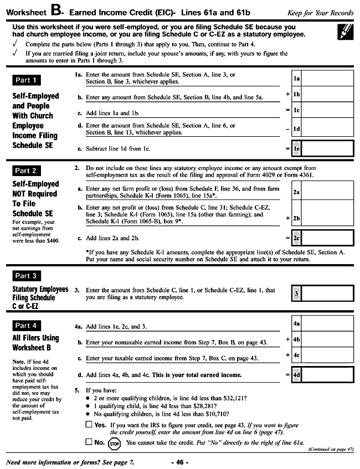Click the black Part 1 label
pyautogui.click(x=26, y=80)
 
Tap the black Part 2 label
pyautogui.click(x=26, y=171)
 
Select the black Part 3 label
pyautogui.click(x=26, y=275)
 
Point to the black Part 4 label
pyautogui.click(x=26, y=326)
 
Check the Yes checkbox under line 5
pyautogui.click(x=89, y=425)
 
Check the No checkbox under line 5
pyautogui.click(x=89, y=442)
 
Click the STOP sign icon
pyautogui.click(x=115, y=443)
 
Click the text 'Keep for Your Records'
pyautogui.click(x=320, y=13)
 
